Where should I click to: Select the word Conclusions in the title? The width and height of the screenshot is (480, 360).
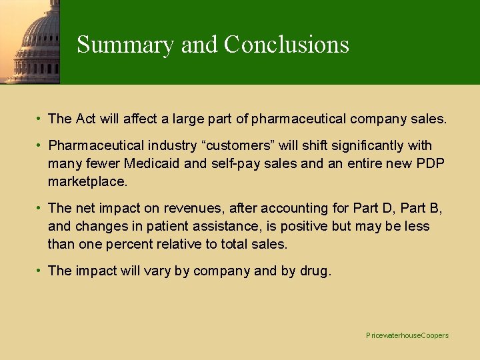[286, 44]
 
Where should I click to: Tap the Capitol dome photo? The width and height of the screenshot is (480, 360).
[30, 41]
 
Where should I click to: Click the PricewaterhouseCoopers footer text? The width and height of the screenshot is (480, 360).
[407, 335]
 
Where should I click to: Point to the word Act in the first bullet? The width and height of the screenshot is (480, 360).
[86, 119]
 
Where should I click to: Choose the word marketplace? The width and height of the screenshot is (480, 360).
[87, 181]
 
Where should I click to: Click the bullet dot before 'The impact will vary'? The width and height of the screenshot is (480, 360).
[41, 270]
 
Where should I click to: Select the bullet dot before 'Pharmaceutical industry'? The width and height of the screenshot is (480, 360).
[41, 145]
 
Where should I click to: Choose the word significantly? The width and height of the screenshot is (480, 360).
[369, 145]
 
